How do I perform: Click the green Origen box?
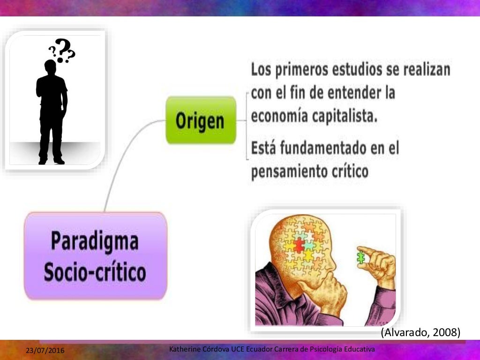pos(201,120)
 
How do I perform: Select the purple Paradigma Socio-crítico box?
pos(96,256)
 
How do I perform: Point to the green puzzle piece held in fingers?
pos(361,257)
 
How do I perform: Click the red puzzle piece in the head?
pos(299,245)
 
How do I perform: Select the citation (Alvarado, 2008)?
pos(420,332)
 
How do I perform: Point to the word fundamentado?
pos(317,149)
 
